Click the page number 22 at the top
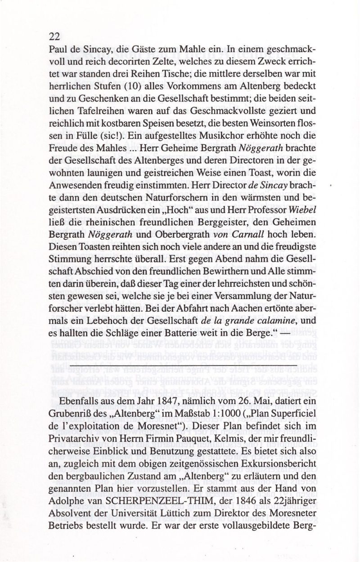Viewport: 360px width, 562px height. click(54, 36)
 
